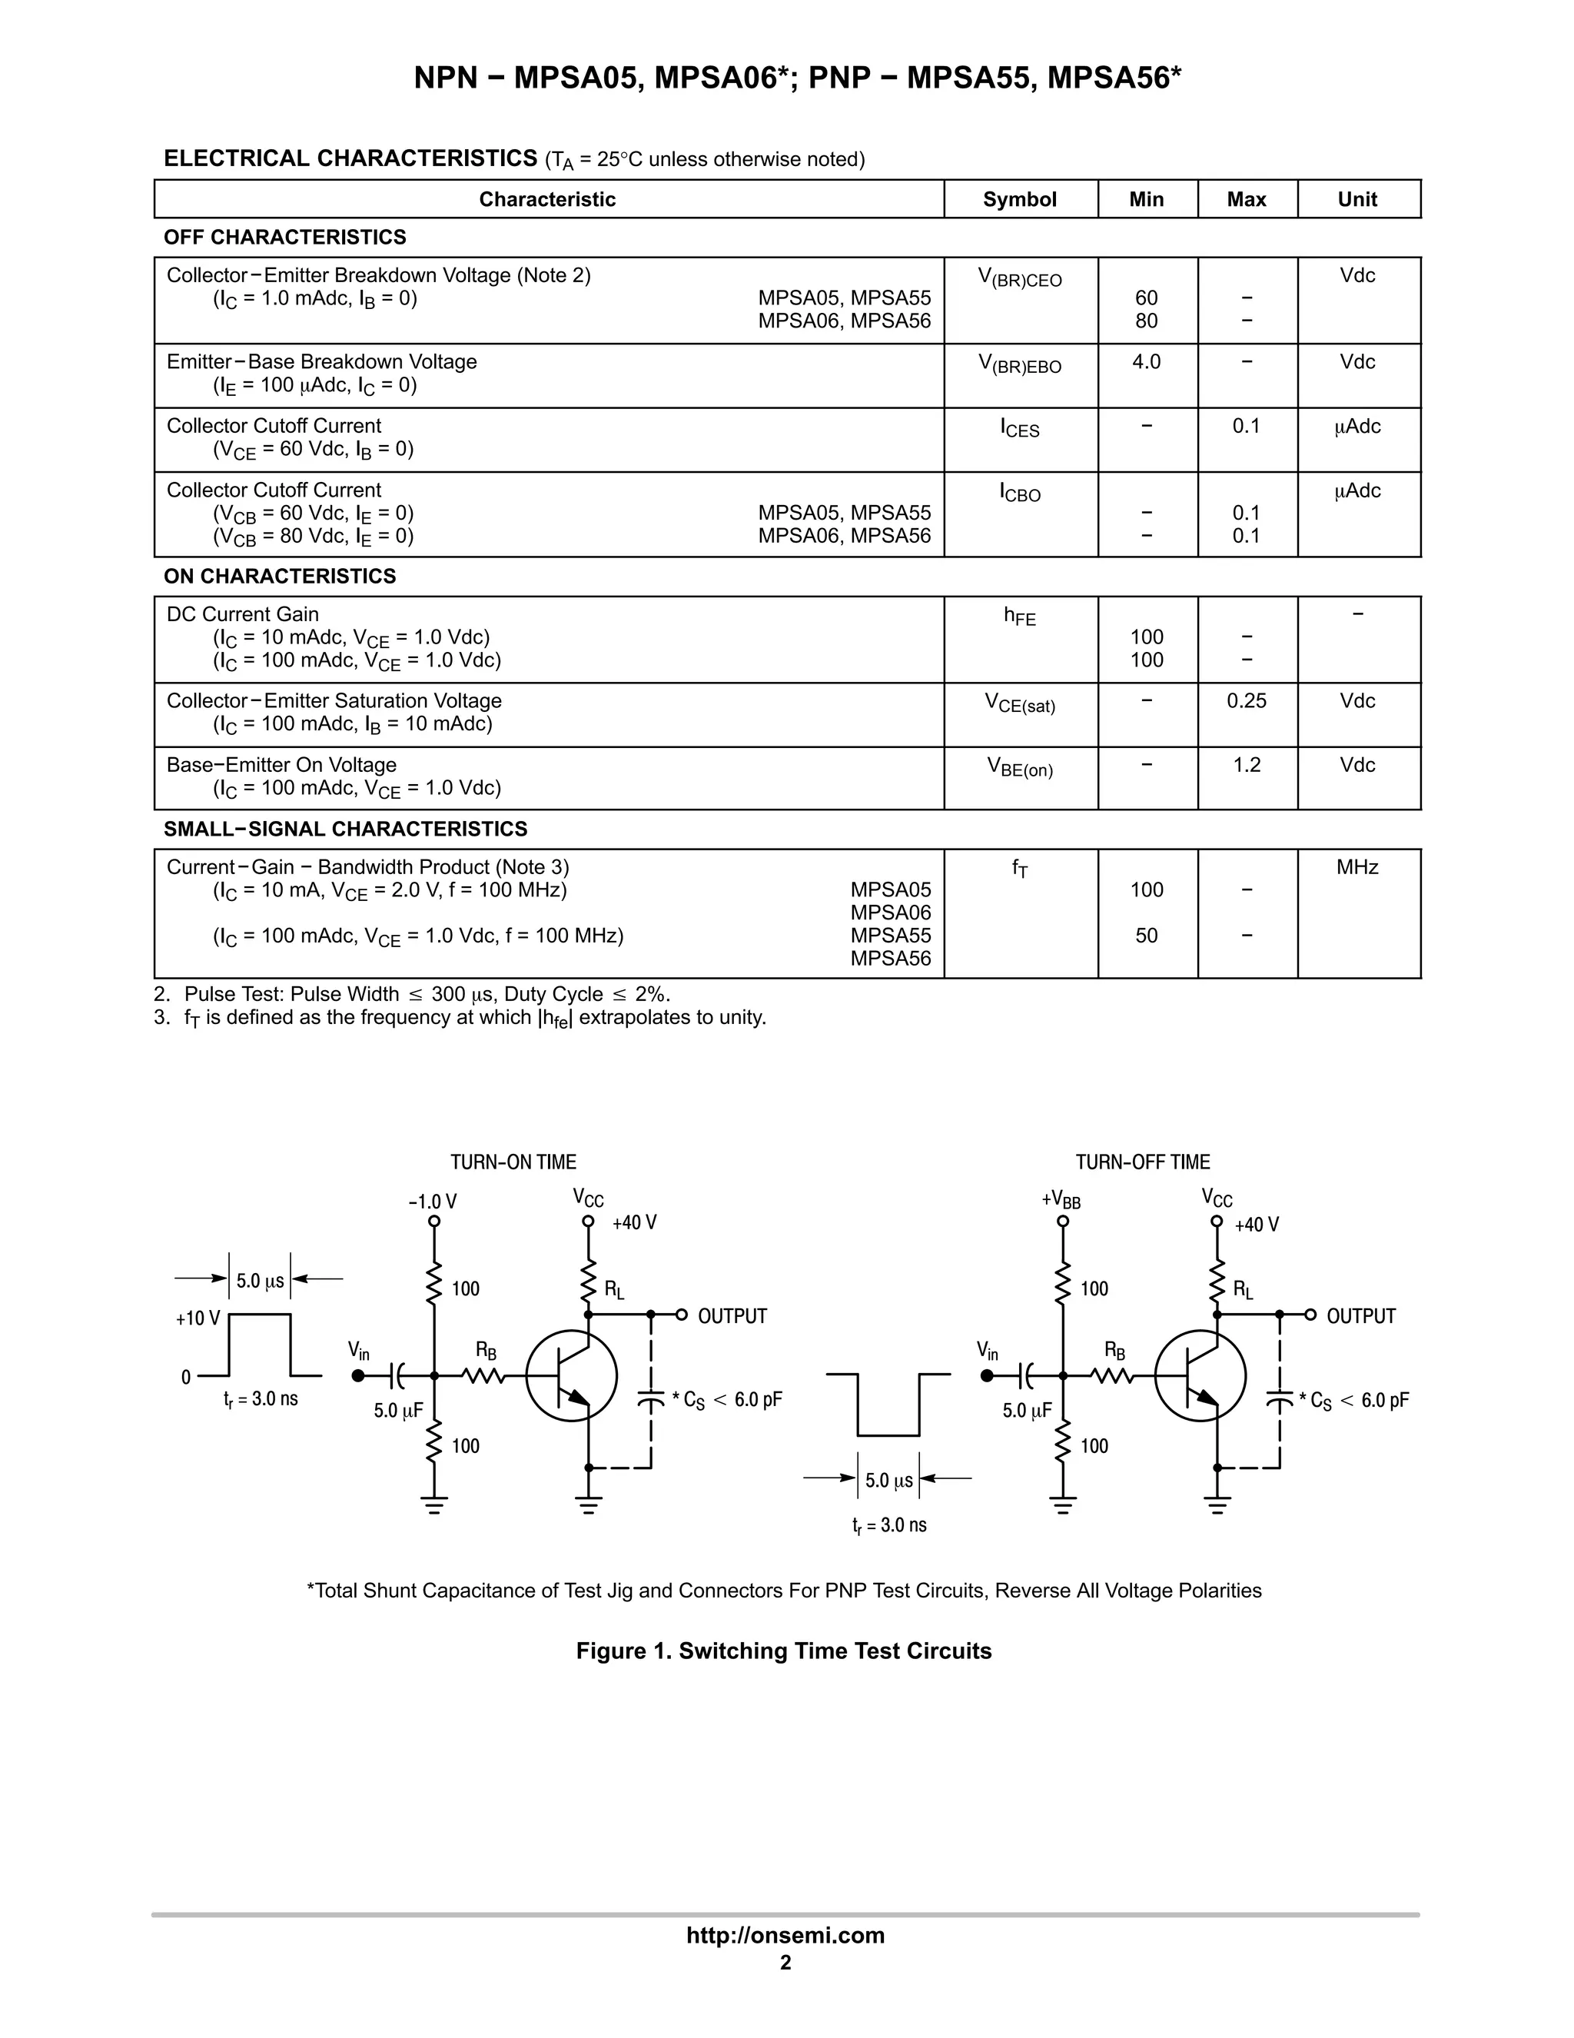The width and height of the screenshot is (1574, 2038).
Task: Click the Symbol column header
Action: click(x=1019, y=199)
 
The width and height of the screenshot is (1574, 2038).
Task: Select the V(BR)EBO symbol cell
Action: click(x=1019, y=364)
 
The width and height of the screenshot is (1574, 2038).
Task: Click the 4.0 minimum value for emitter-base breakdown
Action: click(x=1146, y=361)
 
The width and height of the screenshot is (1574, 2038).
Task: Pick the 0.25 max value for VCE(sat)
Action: click(x=1246, y=701)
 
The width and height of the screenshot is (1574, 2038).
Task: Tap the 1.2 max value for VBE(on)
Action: click(x=1246, y=765)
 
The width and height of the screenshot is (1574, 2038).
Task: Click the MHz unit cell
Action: click(x=1356, y=867)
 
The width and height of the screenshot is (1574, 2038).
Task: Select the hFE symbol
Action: click(x=1019, y=616)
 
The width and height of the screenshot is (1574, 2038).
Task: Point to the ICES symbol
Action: click(x=1019, y=428)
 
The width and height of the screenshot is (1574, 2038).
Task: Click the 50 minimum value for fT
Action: click(x=1146, y=935)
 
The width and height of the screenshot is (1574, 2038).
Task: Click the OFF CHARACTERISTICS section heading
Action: click(x=284, y=237)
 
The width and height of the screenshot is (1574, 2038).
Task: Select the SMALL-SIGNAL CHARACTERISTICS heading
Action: click(x=345, y=829)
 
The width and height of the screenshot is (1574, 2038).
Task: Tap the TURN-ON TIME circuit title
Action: click(x=513, y=1162)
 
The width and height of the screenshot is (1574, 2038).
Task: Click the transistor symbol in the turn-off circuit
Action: click(x=1200, y=1376)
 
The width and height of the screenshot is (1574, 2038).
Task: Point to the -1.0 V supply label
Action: click(x=433, y=1201)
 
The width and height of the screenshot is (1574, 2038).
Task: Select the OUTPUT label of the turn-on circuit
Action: click(x=732, y=1315)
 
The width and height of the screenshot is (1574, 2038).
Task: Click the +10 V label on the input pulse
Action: click(x=198, y=1318)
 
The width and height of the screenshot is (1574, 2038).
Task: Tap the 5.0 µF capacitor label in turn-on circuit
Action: click(x=398, y=1410)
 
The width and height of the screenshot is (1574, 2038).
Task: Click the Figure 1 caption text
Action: click(x=784, y=1651)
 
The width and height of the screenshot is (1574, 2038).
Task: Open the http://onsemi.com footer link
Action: click(x=785, y=1934)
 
